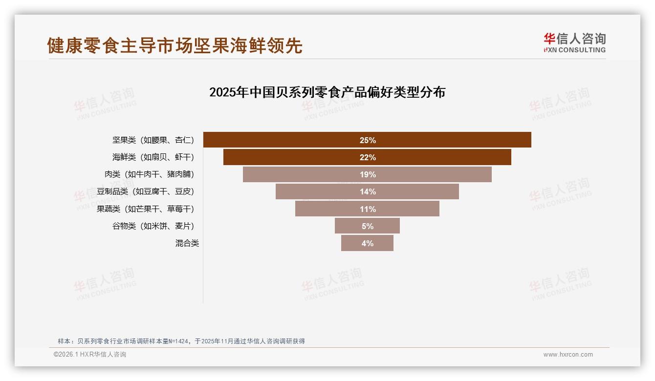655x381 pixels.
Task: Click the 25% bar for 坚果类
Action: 367,140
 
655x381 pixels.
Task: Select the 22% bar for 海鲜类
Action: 367,157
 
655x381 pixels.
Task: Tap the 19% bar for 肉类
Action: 367,174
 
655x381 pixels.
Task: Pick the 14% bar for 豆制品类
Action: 367,191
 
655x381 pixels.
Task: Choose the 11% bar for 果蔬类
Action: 367,209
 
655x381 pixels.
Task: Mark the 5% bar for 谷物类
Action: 367,226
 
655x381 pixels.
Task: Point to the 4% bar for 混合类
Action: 367,243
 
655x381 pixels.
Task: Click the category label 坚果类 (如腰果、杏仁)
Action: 153,140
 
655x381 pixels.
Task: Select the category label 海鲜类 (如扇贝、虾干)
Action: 153,157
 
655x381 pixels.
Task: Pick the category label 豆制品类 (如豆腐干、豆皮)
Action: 145,191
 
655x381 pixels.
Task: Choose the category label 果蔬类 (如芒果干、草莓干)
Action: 145,209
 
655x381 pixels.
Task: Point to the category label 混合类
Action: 187,243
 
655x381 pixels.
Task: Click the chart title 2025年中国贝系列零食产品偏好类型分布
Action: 327,92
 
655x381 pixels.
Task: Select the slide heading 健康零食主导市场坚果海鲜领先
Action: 175,45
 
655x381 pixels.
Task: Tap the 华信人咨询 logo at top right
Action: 574,42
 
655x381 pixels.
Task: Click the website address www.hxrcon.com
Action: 568,355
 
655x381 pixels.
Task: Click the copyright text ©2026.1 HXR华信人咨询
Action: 90,355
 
